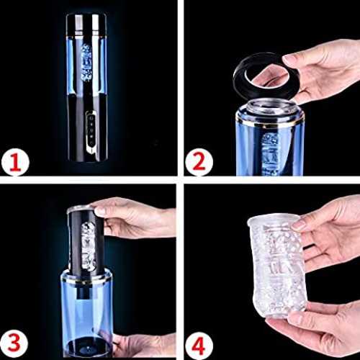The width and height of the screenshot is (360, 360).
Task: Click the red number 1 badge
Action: coord(15,163)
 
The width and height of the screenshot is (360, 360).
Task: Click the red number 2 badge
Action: coord(199,162)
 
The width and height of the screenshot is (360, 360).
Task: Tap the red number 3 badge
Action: coord(14,343)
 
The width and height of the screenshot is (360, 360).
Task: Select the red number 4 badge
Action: coord(199,346)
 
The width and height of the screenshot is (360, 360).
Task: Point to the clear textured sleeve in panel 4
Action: coord(276,264)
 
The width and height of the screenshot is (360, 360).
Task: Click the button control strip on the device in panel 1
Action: coord(91,131)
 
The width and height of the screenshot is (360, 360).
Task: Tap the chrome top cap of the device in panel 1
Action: coord(86,24)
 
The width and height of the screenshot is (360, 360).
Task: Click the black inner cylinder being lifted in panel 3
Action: coord(86,243)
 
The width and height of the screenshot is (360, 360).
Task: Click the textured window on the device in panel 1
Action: coord(86,63)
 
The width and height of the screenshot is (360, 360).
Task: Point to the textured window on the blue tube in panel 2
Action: coord(270,153)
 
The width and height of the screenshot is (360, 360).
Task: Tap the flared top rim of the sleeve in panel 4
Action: coord(273,220)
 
